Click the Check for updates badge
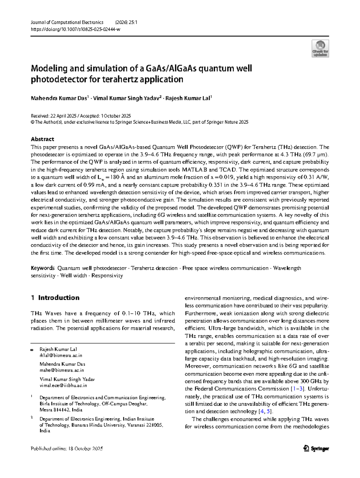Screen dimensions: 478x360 click(x=320, y=49)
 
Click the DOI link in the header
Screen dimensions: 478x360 click(x=75, y=29)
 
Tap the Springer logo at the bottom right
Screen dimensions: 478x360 click(x=316, y=449)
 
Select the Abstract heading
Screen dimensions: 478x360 click(x=42, y=139)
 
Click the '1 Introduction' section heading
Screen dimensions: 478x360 click(x=55, y=298)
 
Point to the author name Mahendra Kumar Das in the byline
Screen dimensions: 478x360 click(x=59, y=98)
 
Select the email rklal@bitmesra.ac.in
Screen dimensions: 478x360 click(x=61, y=355)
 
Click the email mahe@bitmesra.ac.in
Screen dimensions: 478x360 click(x=61, y=370)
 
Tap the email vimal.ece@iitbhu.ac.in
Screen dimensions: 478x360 click(x=63, y=385)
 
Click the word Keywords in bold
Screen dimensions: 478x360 click(x=43, y=268)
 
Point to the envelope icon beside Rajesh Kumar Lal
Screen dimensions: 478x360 click(x=32, y=350)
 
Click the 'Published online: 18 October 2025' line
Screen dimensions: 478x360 click(x=67, y=449)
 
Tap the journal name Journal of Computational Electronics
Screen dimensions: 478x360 click(x=67, y=22)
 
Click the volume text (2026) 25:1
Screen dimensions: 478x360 click(x=126, y=22)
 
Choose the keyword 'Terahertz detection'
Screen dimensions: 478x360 click(x=154, y=268)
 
